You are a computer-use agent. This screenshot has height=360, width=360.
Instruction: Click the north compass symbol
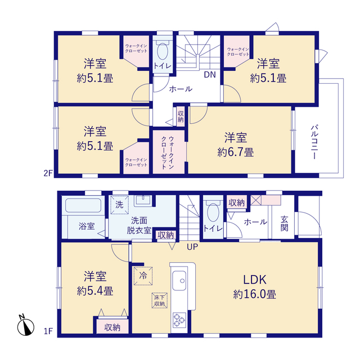(x=26, y=326)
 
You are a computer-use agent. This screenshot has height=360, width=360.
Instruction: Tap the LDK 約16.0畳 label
(x=255, y=287)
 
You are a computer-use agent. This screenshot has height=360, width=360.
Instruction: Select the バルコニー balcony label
(x=314, y=142)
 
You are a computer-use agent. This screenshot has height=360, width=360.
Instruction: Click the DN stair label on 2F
(x=210, y=75)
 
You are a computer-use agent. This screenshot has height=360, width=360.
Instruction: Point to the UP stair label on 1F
(x=192, y=247)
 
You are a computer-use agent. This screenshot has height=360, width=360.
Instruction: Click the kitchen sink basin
(x=179, y=281)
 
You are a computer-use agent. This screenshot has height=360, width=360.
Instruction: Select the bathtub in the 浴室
(x=83, y=205)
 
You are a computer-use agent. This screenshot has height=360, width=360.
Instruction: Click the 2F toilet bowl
(x=163, y=51)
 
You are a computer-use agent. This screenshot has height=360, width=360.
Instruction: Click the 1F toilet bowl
(x=213, y=212)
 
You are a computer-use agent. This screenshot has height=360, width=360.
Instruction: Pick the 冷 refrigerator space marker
(x=143, y=276)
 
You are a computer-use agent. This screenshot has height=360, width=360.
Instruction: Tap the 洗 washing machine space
(x=119, y=205)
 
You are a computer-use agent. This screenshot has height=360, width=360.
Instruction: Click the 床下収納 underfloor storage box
(x=160, y=300)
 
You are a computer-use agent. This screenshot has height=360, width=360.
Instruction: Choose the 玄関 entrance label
(x=284, y=223)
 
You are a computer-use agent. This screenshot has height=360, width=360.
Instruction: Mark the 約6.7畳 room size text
(x=236, y=152)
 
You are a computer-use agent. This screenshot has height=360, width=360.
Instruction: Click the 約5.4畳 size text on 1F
(x=95, y=291)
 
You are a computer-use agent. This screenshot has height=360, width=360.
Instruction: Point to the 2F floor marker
(x=48, y=173)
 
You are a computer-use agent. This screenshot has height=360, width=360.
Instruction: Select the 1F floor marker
(x=48, y=331)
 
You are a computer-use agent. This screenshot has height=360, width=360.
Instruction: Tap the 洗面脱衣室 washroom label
(x=139, y=225)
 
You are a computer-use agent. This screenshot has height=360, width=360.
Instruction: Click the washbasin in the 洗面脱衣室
(x=143, y=200)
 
